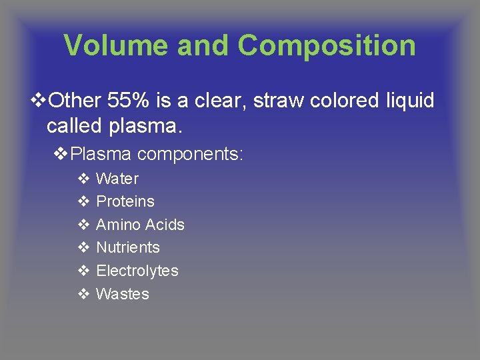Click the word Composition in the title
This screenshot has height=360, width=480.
point(327,46)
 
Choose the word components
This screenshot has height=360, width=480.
point(191,155)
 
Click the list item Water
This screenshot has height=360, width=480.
point(117,179)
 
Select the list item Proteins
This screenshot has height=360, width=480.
point(125,201)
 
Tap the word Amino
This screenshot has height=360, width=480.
point(118,225)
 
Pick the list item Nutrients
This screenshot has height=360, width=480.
point(128,247)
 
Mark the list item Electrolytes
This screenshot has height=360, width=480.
point(137,271)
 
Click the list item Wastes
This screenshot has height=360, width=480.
point(123,294)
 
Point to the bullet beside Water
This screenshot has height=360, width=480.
point(84,179)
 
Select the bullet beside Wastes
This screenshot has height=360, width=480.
point(84,294)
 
